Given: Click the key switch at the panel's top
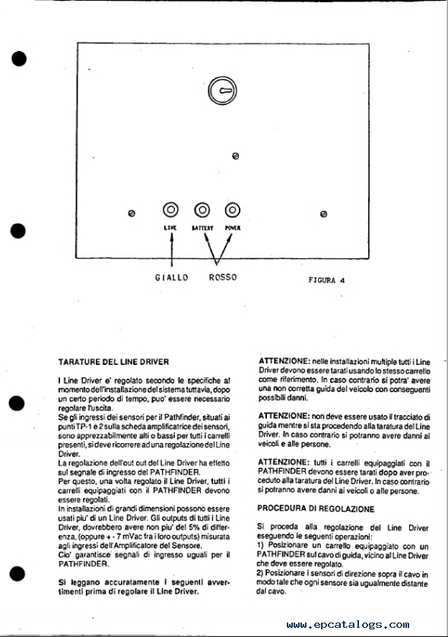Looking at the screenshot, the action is pyautogui.click(x=222, y=90).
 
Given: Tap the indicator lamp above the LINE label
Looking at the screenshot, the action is pyautogui.click(x=170, y=210).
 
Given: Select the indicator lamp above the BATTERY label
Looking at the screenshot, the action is pyautogui.click(x=202, y=210).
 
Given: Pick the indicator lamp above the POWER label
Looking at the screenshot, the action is pyautogui.click(x=233, y=210).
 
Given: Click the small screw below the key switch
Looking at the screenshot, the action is pyautogui.click(x=235, y=156).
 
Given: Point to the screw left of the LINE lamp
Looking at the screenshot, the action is pyautogui.click(x=132, y=214).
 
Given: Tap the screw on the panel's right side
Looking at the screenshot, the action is pyautogui.click(x=323, y=214).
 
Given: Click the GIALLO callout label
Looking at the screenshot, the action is pyautogui.click(x=172, y=278).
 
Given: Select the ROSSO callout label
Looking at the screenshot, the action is pyautogui.click(x=223, y=277).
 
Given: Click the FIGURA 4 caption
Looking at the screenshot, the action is pyautogui.click(x=326, y=280).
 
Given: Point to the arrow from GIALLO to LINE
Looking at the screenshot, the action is pyautogui.click(x=171, y=251).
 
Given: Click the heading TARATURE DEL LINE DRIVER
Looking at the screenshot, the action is pyautogui.click(x=113, y=362).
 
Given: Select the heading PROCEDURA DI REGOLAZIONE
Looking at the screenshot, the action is pyautogui.click(x=316, y=509).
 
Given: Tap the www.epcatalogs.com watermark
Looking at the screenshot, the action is pyautogui.click(x=348, y=624).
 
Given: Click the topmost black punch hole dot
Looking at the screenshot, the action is pyautogui.click(x=19, y=59).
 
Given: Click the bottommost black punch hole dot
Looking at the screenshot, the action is pyautogui.click(x=17, y=574).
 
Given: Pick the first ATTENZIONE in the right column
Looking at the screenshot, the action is pyautogui.click(x=284, y=361).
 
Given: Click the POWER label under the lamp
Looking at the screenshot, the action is pyautogui.click(x=233, y=228).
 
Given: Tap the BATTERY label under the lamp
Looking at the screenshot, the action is pyautogui.click(x=202, y=228).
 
